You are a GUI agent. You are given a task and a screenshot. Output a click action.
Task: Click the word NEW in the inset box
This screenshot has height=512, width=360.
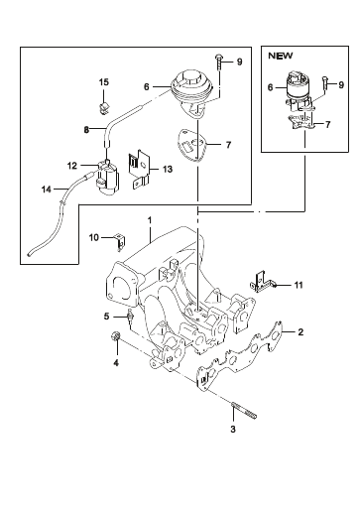[280, 56]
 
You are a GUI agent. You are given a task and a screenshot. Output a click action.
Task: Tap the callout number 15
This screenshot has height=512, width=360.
[104, 82]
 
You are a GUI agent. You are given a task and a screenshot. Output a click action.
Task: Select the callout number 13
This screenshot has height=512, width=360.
[168, 169]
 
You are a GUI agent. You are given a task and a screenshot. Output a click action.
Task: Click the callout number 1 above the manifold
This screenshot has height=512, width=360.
[150, 220]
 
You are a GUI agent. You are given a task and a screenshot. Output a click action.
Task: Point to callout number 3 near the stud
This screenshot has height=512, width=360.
[233, 429]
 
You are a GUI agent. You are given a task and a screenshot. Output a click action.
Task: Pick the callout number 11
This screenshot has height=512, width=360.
[299, 285]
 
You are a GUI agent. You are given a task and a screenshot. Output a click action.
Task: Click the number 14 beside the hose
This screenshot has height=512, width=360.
[47, 190]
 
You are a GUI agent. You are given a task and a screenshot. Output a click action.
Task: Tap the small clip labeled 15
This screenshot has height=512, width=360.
[104, 108]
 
